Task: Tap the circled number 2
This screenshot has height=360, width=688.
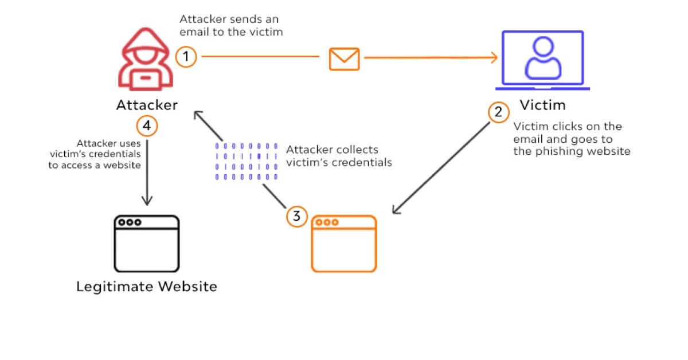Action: (x=498, y=112)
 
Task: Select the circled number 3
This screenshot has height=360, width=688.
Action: (x=296, y=216)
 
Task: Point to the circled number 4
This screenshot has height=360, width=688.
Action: (x=147, y=125)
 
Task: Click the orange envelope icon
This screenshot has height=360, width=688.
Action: (x=344, y=58)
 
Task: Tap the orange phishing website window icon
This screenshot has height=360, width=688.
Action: (x=343, y=244)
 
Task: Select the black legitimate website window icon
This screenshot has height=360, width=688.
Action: (x=147, y=244)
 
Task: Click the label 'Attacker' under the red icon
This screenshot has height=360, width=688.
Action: (x=147, y=105)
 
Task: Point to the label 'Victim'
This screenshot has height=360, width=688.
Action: (x=542, y=105)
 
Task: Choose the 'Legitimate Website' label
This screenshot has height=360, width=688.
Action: (x=147, y=286)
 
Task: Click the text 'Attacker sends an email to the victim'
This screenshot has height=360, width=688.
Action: (x=231, y=25)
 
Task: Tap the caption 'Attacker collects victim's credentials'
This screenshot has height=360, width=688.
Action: (x=339, y=156)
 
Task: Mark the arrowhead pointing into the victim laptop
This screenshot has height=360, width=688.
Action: (x=493, y=57)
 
